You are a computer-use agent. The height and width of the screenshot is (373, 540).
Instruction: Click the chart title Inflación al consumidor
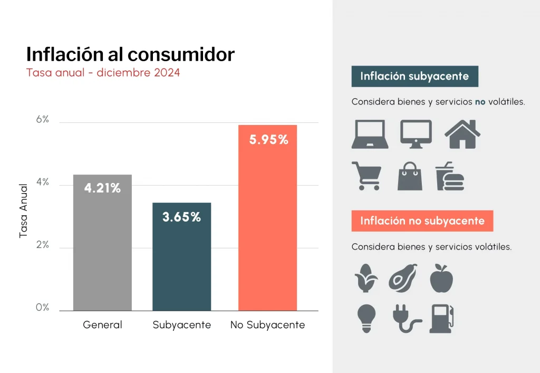(130, 54)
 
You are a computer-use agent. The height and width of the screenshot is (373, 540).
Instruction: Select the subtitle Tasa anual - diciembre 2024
(103, 73)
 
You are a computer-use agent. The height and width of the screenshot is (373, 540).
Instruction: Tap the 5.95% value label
(268, 140)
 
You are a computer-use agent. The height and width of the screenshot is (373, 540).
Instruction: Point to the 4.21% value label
(102, 188)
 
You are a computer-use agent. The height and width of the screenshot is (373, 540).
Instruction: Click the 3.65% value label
(181, 217)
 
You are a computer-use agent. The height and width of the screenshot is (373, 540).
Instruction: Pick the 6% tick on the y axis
(42, 120)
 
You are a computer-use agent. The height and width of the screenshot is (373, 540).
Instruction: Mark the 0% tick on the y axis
(42, 308)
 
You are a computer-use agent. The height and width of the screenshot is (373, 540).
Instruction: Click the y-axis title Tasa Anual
(23, 211)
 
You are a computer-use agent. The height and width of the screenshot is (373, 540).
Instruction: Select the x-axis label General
(102, 325)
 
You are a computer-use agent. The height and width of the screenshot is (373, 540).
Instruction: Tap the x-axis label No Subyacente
(267, 325)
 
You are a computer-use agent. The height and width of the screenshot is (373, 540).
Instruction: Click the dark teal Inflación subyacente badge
(414, 76)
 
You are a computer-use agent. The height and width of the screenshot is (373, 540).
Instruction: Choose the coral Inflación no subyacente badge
(422, 221)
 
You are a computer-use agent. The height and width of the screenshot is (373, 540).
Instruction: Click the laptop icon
(370, 135)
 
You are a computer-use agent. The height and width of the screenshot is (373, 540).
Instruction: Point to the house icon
(462, 134)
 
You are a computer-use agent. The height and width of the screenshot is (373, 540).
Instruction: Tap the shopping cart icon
(366, 176)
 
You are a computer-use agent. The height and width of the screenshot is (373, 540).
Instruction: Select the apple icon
(442, 279)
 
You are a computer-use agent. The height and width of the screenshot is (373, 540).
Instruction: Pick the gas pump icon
(442, 319)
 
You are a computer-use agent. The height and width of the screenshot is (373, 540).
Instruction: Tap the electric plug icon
(406, 319)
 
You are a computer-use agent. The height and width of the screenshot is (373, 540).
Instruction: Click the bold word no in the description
(480, 102)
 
